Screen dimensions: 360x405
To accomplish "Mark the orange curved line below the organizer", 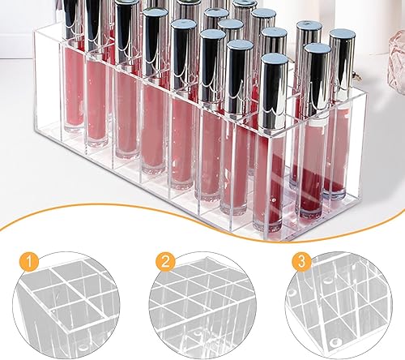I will click(202, 231).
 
